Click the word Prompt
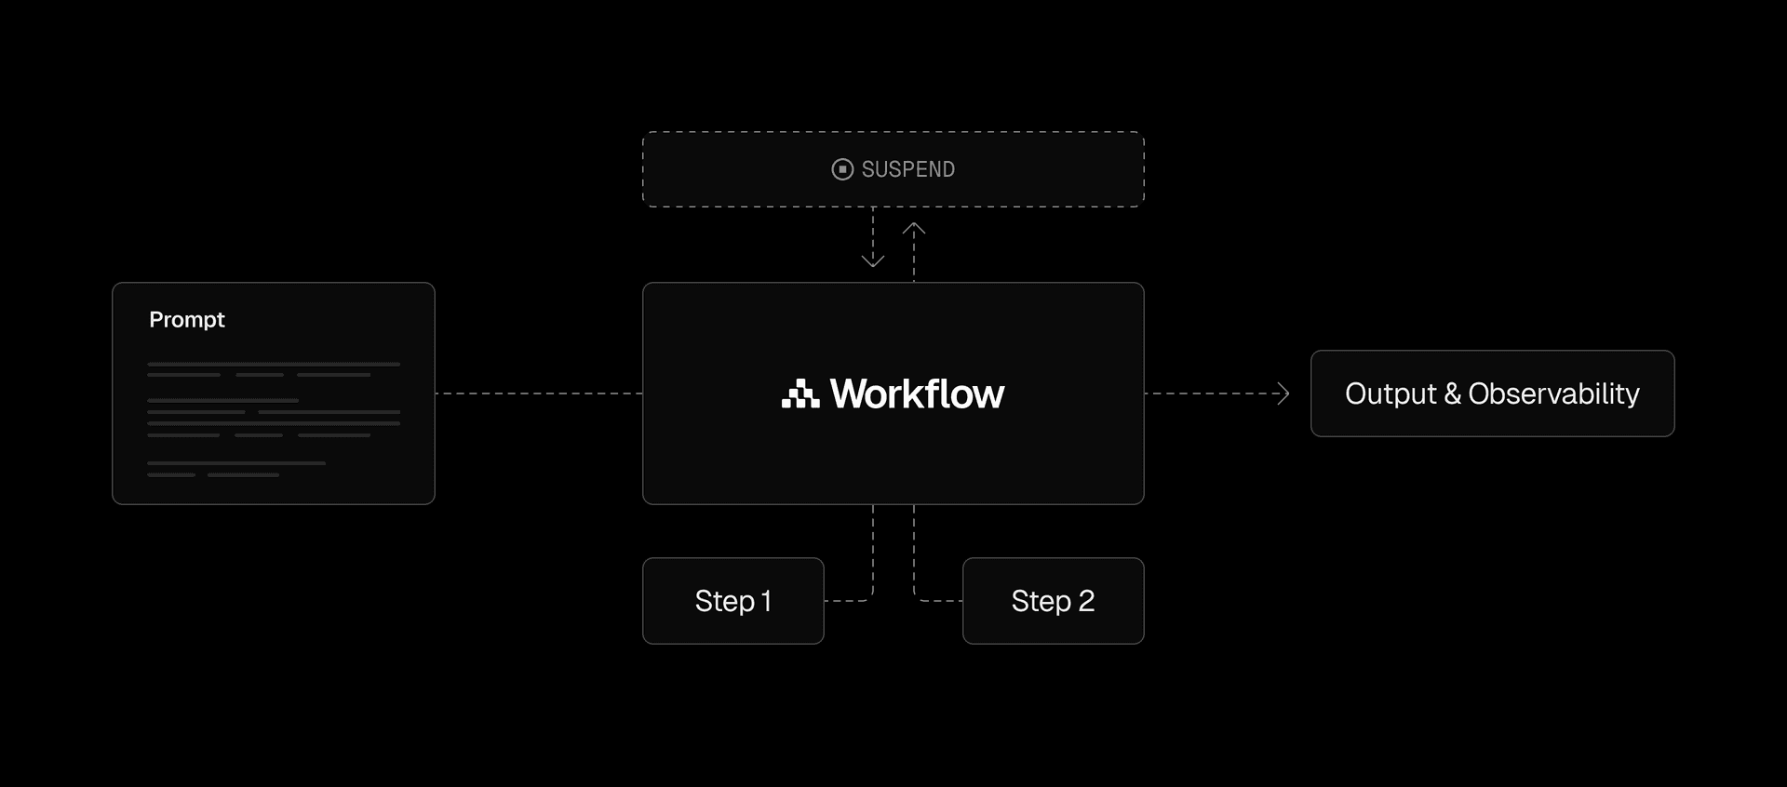(186, 320)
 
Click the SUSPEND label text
(907, 169)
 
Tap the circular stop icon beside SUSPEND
(842, 169)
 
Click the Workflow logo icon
(799, 394)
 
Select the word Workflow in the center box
(917, 394)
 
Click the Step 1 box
(732, 601)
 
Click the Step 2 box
(1053, 601)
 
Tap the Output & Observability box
(1492, 393)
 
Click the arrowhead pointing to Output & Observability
(1284, 393)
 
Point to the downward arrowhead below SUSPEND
(873, 260)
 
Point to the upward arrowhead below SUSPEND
(914, 229)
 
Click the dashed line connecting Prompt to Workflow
(538, 393)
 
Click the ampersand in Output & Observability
(1452, 394)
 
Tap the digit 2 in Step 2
(1086, 601)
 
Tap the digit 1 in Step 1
(766, 601)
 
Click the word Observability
(1553, 394)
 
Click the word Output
(1391, 394)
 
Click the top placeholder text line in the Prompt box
(274, 364)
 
